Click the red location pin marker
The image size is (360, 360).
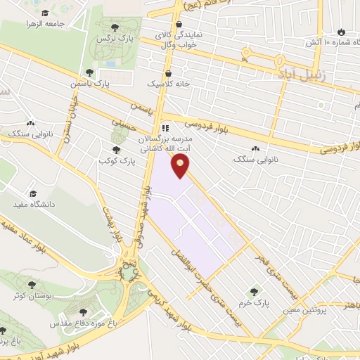click(x=181, y=165)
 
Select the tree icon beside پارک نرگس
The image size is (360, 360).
click(x=124, y=27)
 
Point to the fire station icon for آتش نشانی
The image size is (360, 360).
click(x=342, y=32)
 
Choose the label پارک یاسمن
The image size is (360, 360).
click(x=90, y=83)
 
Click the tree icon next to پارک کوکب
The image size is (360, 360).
click(x=116, y=150)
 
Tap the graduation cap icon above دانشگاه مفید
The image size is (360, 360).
click(x=32, y=193)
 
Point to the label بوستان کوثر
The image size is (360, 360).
click(x=29, y=295)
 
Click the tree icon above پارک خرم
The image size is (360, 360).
click(x=254, y=292)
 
